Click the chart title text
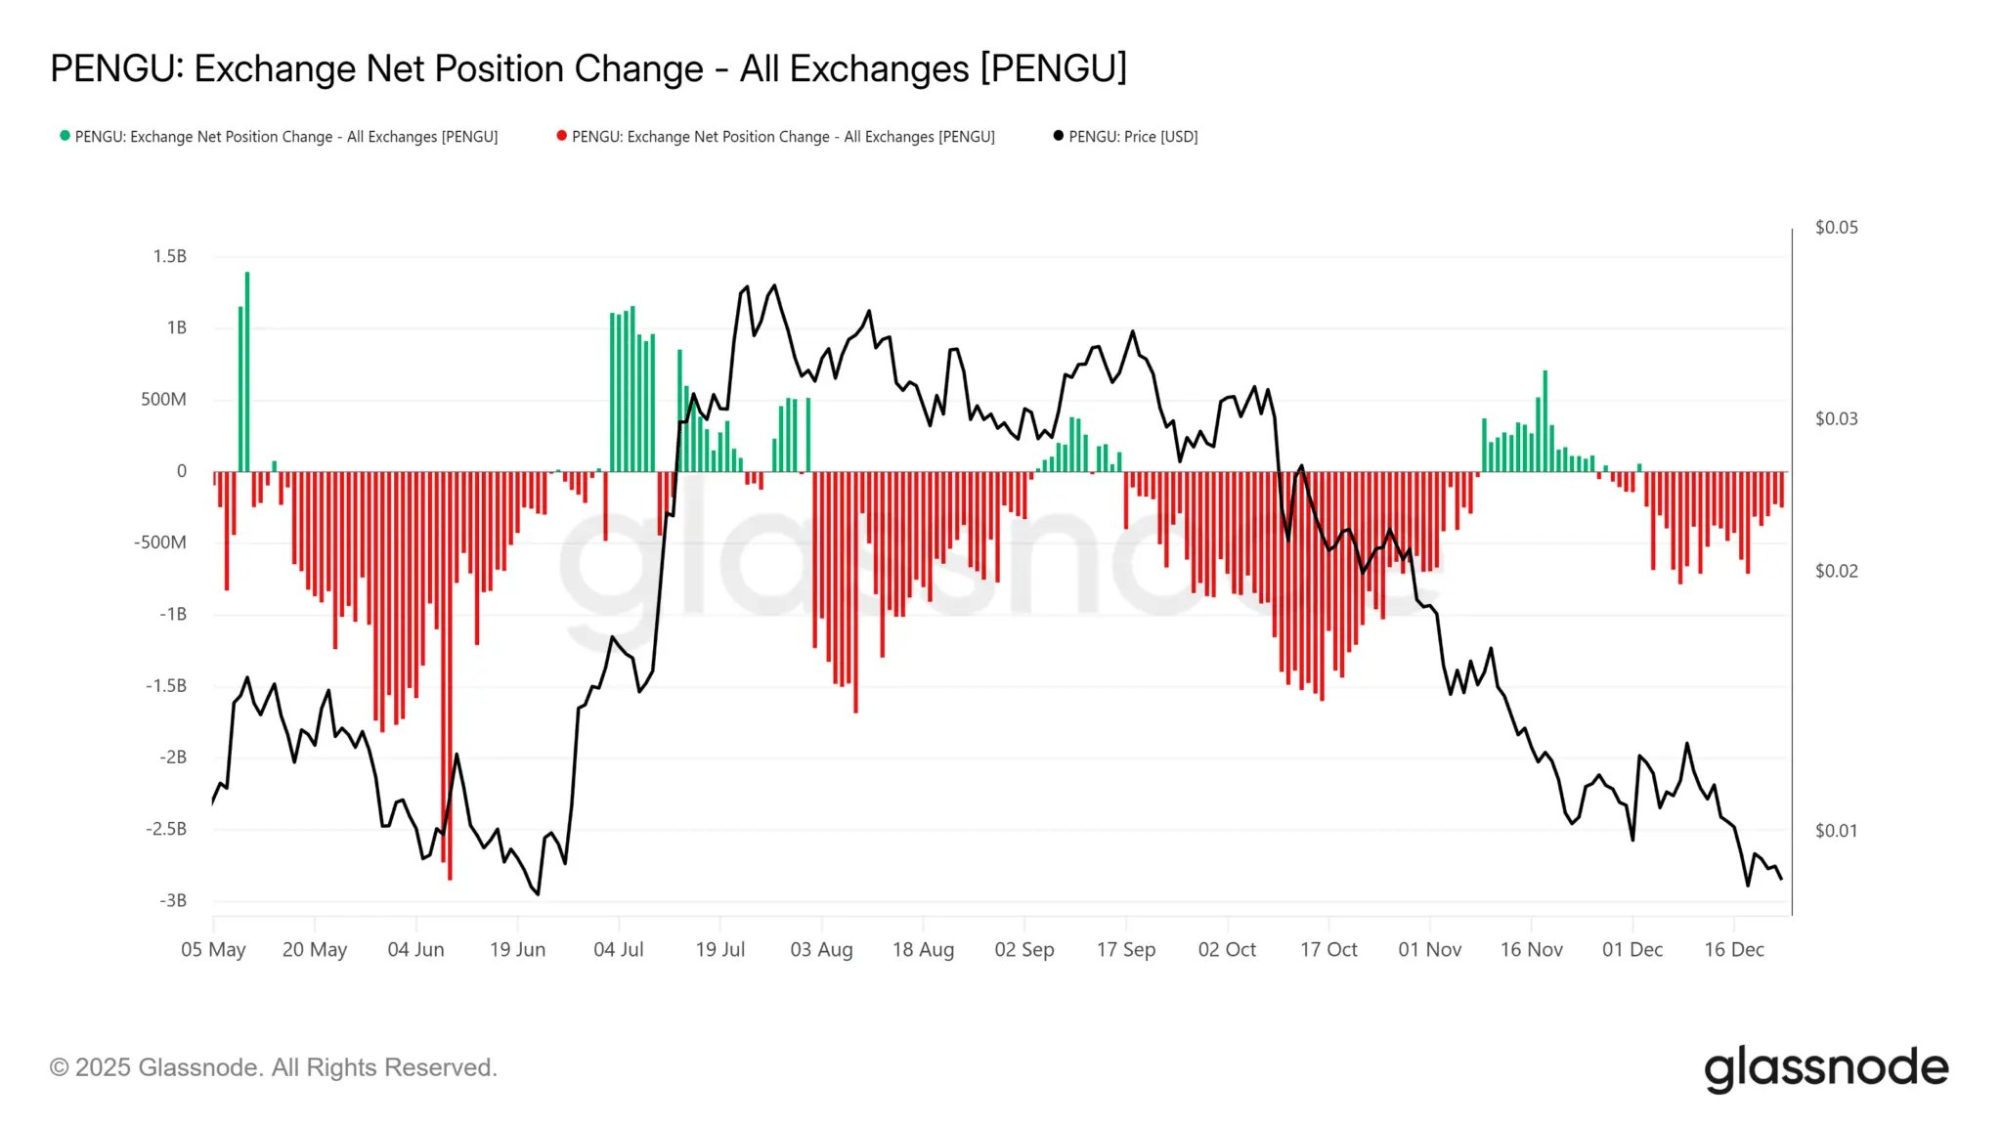[x=588, y=69]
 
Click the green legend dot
[x=65, y=136]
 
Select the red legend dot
[x=561, y=136]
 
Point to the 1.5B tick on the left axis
[x=169, y=256]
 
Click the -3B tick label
[x=172, y=900]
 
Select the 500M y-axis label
[x=163, y=399]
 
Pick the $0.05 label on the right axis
[x=1836, y=228]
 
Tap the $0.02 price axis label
[x=1836, y=571]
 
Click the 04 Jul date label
[x=618, y=949]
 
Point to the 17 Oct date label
[x=1327, y=949]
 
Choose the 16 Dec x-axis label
[x=1733, y=949]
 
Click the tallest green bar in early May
[x=247, y=371]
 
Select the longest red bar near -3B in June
[x=450, y=674]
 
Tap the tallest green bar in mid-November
[x=1545, y=420]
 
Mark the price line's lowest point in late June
[x=538, y=893]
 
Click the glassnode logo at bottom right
[x=1825, y=1068]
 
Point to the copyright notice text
[x=274, y=1067]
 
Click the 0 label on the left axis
[x=181, y=471]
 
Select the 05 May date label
[x=213, y=949]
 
